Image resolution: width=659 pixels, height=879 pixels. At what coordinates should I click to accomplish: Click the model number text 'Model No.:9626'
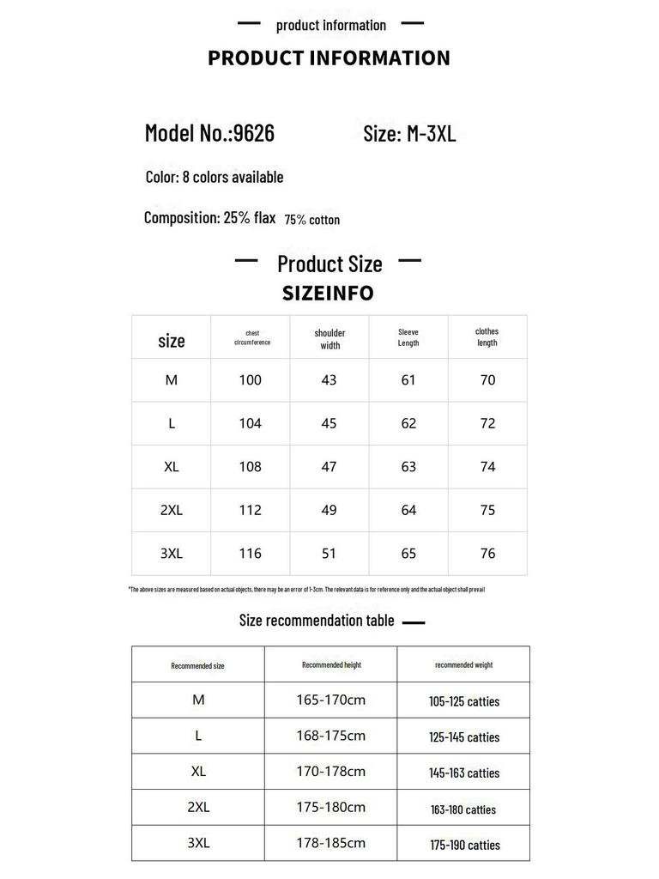(x=209, y=133)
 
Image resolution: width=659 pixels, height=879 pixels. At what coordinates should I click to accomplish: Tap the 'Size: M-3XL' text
(x=409, y=134)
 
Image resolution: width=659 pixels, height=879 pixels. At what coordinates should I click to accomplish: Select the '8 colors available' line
(x=215, y=177)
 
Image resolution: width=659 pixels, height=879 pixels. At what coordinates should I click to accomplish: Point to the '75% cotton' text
(x=312, y=220)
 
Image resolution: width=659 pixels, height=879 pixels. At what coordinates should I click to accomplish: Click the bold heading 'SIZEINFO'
(x=328, y=294)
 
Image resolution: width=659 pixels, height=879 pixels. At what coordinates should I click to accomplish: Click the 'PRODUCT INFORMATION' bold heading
(x=329, y=58)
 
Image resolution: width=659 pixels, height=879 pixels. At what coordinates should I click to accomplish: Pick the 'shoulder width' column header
(x=329, y=339)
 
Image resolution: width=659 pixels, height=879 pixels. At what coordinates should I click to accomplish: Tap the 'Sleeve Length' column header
(x=408, y=337)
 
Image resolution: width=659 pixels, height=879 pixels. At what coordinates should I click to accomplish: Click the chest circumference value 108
(x=250, y=467)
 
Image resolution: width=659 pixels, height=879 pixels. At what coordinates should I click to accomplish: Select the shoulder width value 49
(x=329, y=510)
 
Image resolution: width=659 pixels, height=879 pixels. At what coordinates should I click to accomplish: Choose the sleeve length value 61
(x=408, y=380)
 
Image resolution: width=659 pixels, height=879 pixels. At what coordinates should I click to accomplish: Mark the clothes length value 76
(x=487, y=554)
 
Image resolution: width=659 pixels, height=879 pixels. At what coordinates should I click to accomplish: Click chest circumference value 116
(x=250, y=554)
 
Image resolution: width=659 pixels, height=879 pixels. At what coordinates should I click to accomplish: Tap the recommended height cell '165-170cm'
(x=330, y=700)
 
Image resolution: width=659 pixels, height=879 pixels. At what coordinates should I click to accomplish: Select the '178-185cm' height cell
(x=330, y=843)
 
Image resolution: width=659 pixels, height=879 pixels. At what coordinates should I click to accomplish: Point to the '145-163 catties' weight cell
(x=463, y=773)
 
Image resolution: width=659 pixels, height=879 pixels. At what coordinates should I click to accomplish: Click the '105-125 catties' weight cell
(x=463, y=701)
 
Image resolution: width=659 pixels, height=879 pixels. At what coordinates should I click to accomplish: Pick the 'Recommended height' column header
(x=330, y=664)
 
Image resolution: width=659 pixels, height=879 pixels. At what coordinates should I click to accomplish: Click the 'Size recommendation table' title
(x=317, y=621)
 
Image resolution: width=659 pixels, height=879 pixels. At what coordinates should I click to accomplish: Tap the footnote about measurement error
(x=306, y=590)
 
